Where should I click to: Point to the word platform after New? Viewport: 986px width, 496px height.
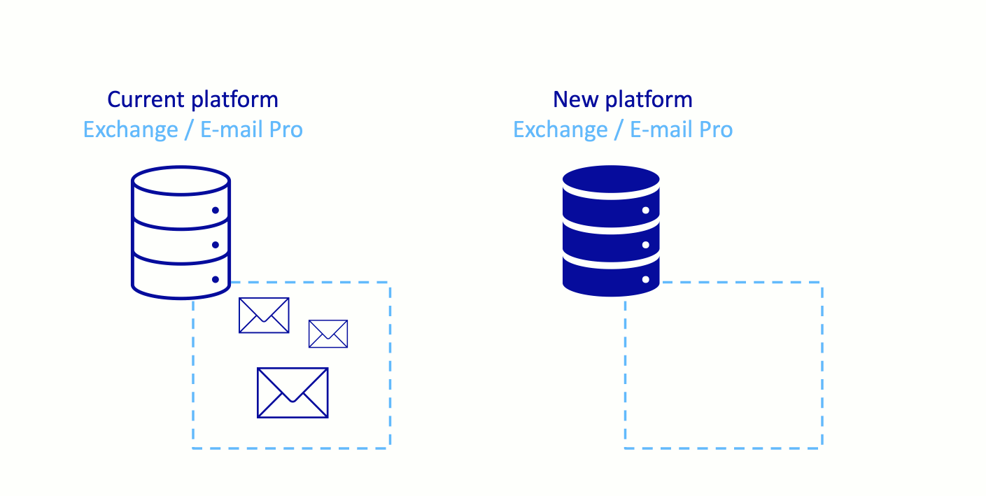click(x=649, y=99)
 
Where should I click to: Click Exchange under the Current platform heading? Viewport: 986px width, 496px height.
click(x=130, y=130)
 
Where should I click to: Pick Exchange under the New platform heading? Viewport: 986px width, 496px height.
click(x=560, y=130)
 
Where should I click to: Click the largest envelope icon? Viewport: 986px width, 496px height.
click(x=293, y=392)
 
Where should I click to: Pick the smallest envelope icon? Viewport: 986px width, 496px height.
click(x=328, y=334)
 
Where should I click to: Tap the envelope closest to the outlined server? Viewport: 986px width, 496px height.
click(x=264, y=315)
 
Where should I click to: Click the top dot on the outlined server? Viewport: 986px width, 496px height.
click(x=216, y=210)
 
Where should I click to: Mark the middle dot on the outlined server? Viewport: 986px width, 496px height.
click(x=216, y=245)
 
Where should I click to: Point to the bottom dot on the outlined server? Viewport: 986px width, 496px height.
click(x=216, y=280)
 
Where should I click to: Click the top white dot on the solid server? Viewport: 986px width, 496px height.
click(x=646, y=210)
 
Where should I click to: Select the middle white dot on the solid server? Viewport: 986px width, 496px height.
click(x=646, y=245)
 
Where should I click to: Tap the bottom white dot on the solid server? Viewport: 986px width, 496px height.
click(x=646, y=280)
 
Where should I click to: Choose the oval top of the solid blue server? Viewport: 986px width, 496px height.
click(x=611, y=179)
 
